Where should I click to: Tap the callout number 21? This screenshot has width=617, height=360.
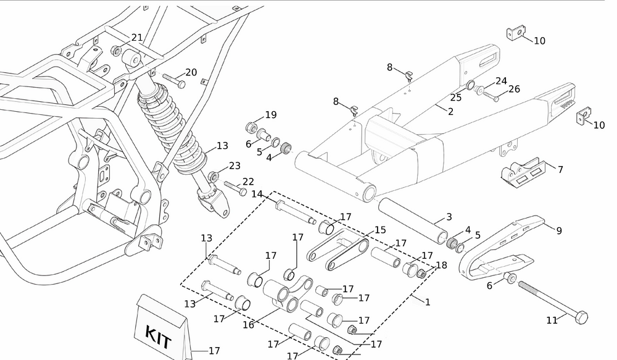coord(137,38)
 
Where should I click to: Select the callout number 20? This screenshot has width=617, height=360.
coord(191,72)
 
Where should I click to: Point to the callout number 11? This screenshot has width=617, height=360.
coord(552,320)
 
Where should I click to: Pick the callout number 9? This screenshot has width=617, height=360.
coord(559,230)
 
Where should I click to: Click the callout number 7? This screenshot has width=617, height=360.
coord(560,169)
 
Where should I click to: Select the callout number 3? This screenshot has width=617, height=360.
coord(449,217)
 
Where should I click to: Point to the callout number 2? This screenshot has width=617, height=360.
coord(450,112)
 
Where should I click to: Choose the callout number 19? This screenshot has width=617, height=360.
coord(271,115)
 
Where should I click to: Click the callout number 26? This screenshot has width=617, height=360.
coord(514,90)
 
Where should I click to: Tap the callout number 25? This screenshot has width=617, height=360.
coord(456,98)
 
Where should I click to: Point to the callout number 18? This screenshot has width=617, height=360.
coord(442,265)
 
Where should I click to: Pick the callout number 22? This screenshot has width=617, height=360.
coord(248,182)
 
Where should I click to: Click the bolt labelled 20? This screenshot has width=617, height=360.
coord(175,82)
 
